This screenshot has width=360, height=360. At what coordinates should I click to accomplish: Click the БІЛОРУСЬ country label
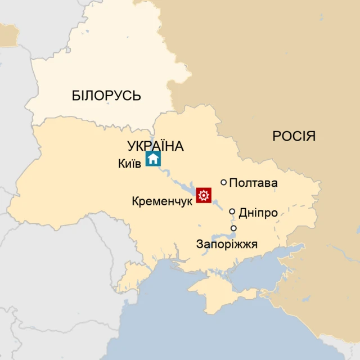coord(106,96)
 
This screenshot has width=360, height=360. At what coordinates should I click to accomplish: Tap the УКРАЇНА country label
coord(156,146)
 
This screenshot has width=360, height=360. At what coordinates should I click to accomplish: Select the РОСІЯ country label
coord(294,136)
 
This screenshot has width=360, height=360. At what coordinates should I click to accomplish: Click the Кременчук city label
coord(162,201)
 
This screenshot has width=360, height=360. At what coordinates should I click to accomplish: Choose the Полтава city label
coord(254,183)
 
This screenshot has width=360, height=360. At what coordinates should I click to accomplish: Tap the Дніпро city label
coord(258,213)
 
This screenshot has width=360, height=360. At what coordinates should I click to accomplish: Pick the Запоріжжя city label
coord(227,244)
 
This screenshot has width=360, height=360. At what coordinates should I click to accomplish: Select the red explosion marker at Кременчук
coord(204,196)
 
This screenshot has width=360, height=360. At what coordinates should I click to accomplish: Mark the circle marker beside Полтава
coord(224,182)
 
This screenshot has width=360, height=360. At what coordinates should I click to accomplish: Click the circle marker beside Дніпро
coord(232,211)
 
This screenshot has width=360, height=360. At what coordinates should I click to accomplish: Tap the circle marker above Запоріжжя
coord(234,228)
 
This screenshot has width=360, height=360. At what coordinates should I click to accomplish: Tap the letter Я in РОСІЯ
coord(310,136)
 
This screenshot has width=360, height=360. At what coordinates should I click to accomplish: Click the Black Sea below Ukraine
coord(186,332)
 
